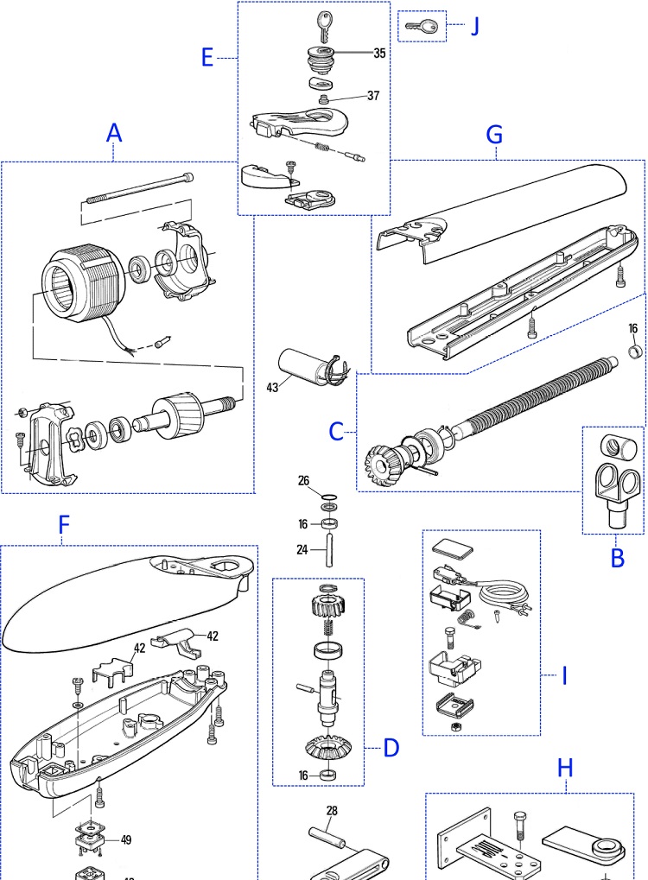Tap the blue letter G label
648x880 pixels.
(x=494, y=135)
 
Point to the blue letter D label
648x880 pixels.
(x=391, y=748)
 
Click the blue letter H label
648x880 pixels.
(x=565, y=767)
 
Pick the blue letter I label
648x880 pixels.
(x=565, y=674)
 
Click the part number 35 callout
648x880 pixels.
(x=379, y=53)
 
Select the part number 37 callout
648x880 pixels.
(x=373, y=96)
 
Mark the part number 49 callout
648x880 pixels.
(x=126, y=839)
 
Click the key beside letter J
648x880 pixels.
(x=422, y=28)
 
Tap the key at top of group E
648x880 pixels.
(x=324, y=25)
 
